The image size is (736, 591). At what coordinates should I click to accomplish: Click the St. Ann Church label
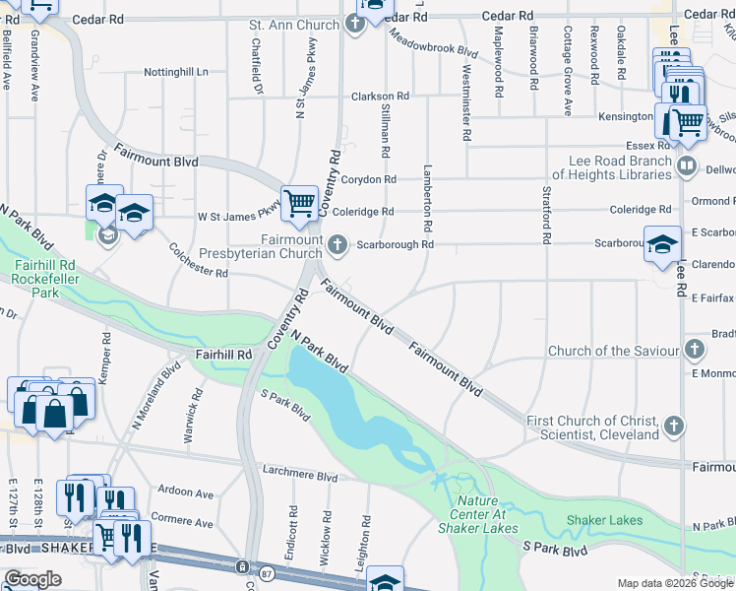(x=294, y=24)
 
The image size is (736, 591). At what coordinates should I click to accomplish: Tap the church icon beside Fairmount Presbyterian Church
(x=338, y=245)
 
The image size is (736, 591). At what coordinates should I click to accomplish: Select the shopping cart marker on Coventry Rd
(x=299, y=204)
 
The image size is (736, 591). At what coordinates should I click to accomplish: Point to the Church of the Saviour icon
(x=695, y=351)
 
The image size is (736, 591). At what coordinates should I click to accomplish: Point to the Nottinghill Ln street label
(x=177, y=72)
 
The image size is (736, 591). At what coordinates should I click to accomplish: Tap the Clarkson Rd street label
(x=373, y=97)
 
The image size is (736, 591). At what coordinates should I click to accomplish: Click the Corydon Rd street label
(x=368, y=179)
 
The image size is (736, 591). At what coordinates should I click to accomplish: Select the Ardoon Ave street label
(x=186, y=492)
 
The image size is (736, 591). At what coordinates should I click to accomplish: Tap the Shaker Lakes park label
(x=605, y=520)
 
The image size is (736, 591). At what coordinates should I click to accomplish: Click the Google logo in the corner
(x=32, y=579)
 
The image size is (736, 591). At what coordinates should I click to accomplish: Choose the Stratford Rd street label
(x=544, y=222)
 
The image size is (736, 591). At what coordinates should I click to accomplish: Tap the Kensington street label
(x=627, y=116)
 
